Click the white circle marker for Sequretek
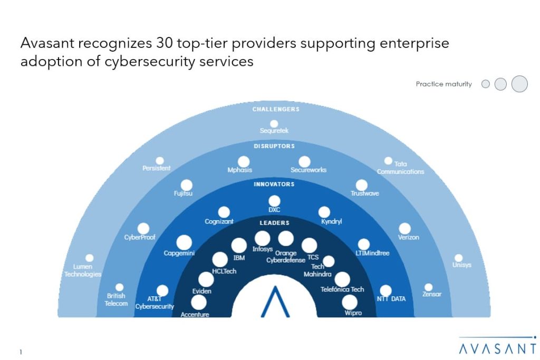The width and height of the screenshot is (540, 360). (x=274, y=123)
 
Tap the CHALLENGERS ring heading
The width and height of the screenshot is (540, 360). (x=275, y=109)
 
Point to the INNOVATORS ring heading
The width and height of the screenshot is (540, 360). (x=274, y=184)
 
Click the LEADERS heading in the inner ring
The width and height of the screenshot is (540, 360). (x=274, y=223)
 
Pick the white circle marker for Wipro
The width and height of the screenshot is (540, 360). (x=349, y=302)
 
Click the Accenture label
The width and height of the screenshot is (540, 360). (x=195, y=315)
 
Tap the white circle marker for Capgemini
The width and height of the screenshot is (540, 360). (x=184, y=242)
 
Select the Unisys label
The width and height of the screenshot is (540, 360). (x=461, y=265)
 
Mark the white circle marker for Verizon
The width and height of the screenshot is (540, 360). (x=404, y=228)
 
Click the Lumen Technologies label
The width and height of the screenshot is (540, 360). (x=82, y=271)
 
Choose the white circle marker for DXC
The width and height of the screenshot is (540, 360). (x=274, y=200)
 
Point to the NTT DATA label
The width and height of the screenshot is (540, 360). (x=391, y=299)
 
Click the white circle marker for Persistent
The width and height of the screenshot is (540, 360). (x=160, y=160)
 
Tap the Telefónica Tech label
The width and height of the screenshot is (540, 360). (x=342, y=289)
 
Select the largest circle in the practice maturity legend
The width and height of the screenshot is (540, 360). (x=519, y=84)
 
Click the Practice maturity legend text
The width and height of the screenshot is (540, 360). (x=443, y=84)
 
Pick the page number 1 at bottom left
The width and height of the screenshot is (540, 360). (x=21, y=352)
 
